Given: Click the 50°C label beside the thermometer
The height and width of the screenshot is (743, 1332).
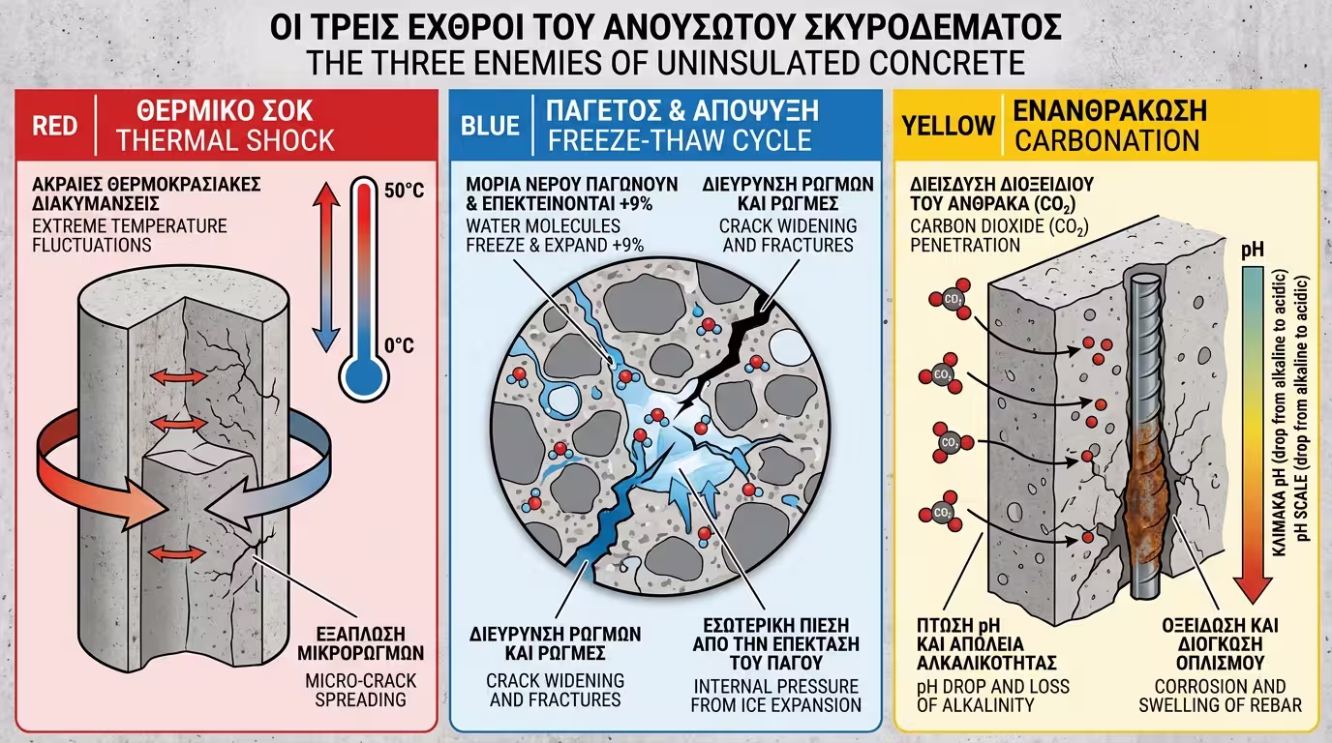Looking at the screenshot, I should [404, 191].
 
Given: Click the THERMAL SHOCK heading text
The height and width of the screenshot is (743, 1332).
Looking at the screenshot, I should [225, 140].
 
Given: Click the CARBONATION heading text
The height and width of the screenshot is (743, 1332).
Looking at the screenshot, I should [1105, 140].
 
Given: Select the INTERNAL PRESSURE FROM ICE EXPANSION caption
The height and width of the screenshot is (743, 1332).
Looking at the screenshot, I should [775, 696].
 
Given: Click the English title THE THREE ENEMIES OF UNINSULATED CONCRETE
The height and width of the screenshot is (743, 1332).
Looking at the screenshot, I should [665, 63].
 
